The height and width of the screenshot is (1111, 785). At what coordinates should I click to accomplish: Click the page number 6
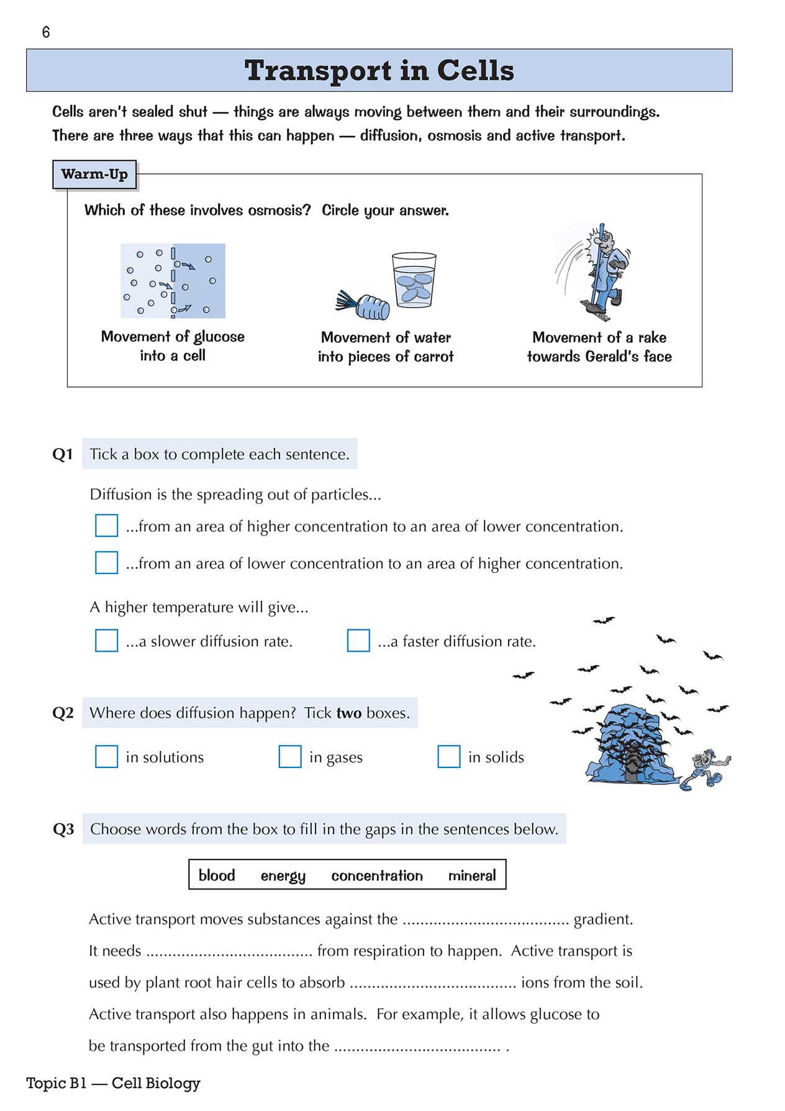pyautogui.click(x=46, y=32)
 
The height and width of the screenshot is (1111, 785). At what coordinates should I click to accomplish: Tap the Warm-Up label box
pyautogui.click(x=94, y=175)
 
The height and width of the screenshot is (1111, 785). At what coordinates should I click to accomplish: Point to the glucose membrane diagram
pyautogui.click(x=173, y=281)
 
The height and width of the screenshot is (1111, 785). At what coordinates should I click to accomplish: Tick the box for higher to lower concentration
pyautogui.click(x=106, y=525)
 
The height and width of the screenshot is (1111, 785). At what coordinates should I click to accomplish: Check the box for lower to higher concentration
pyautogui.click(x=106, y=562)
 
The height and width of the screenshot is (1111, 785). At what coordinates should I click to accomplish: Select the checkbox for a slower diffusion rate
pyautogui.click(x=106, y=641)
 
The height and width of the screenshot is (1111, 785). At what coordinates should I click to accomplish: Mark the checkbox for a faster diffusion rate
pyautogui.click(x=358, y=641)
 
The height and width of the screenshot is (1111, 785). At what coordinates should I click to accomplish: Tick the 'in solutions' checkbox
pyautogui.click(x=106, y=757)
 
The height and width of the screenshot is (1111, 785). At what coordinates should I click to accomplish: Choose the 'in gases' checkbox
pyautogui.click(x=290, y=757)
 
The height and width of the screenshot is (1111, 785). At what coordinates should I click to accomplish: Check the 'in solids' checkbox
pyautogui.click(x=449, y=757)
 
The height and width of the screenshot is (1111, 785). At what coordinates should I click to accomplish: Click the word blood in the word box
pyautogui.click(x=217, y=876)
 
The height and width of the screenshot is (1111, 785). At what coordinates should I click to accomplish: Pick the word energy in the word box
pyautogui.click(x=283, y=876)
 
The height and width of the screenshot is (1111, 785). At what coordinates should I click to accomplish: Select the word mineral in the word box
pyautogui.click(x=472, y=876)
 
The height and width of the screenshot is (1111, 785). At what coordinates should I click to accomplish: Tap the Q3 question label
pyautogui.click(x=63, y=830)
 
